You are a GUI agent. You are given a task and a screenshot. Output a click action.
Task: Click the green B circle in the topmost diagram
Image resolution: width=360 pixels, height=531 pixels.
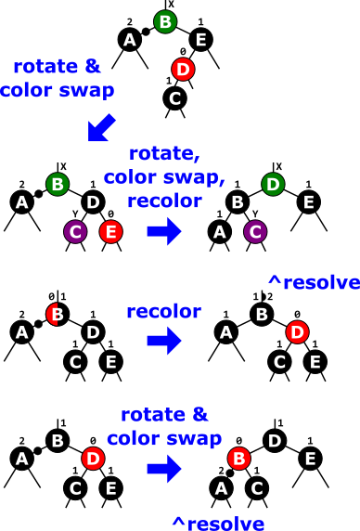point(165,21)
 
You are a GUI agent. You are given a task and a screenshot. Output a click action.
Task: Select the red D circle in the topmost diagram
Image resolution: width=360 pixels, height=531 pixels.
point(183,69)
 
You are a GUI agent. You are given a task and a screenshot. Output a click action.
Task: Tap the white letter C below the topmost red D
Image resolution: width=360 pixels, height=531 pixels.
point(174,98)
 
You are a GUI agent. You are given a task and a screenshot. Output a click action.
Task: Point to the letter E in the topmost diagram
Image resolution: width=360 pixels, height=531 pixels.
point(200,40)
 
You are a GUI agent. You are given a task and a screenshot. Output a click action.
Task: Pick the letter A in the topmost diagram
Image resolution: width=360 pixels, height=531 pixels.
point(130,40)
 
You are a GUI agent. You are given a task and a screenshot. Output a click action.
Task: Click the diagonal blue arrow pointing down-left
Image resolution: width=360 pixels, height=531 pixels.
point(101,128)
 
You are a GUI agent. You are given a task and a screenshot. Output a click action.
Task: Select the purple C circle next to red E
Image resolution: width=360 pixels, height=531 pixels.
point(75,231)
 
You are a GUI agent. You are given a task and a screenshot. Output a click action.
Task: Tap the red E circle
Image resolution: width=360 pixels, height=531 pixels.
point(110,231)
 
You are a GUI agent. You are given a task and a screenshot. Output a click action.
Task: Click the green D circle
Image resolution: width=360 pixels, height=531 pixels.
point(273,184)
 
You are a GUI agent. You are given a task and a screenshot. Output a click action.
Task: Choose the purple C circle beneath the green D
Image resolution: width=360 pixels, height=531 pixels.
point(255,231)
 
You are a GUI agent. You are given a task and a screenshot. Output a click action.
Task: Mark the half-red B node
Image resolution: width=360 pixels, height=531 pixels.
point(56,315)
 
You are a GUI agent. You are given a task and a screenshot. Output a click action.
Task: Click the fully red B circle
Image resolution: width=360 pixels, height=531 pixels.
point(239,459)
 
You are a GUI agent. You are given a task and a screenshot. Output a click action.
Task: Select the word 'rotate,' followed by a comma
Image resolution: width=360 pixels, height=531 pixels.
point(164,153)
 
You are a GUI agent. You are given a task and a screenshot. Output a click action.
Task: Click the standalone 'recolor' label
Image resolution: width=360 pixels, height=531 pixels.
point(163,312)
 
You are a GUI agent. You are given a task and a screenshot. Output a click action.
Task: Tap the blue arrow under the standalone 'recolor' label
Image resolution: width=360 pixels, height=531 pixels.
point(163,341)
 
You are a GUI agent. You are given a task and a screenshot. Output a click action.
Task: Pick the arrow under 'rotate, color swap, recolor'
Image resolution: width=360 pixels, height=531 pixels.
point(163,231)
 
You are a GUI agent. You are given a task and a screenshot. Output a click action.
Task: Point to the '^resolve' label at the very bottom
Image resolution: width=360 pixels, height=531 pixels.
point(218,523)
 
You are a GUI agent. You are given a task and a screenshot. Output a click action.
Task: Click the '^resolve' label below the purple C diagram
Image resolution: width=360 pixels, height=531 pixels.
point(313,282)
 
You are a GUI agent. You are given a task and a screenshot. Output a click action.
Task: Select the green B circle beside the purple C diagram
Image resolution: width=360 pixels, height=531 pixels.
point(58,184)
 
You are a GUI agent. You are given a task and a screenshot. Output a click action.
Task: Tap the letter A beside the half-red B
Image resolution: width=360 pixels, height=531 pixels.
point(21,332)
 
